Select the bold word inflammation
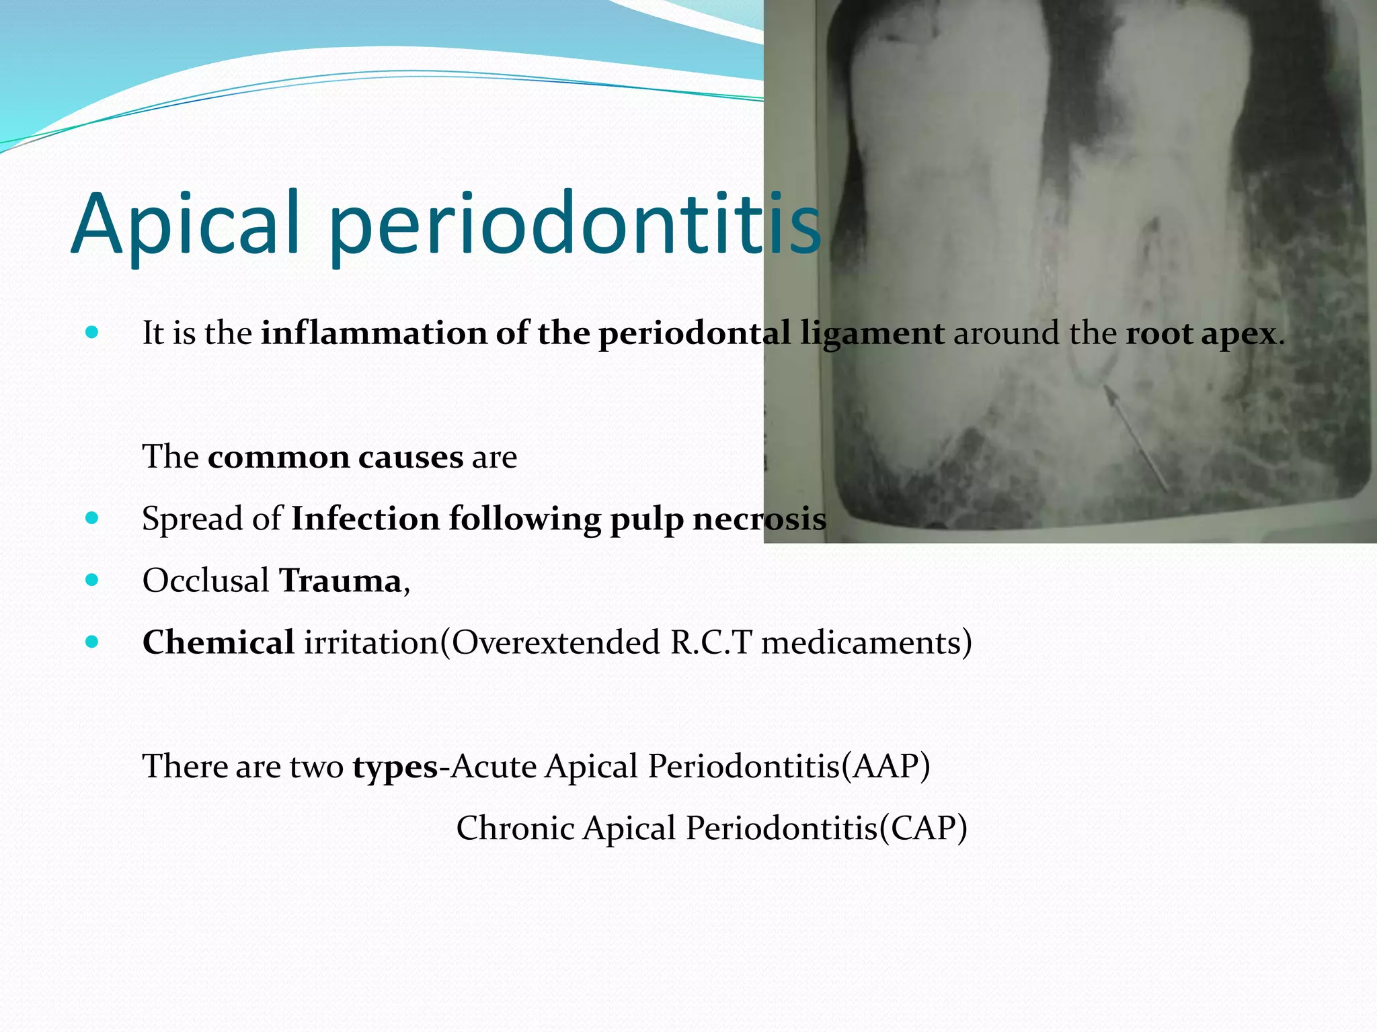coord(374,333)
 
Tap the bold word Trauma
coord(340,580)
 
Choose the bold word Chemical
coord(219,642)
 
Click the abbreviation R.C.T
coord(710,642)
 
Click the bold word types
coord(395,767)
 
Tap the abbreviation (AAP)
coord(886,766)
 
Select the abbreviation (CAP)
coord(923,828)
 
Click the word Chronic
coord(514,828)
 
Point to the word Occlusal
coord(206,580)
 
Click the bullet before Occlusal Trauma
coord(92,580)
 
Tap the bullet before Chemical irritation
coord(92,642)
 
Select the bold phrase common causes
coord(336,458)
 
